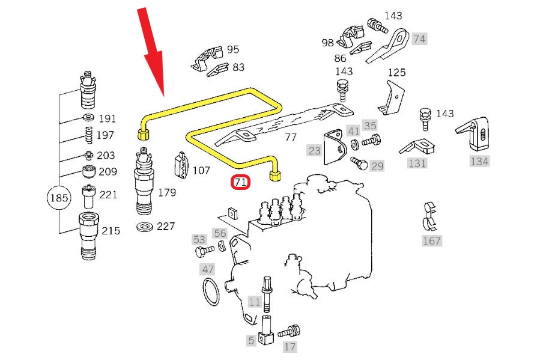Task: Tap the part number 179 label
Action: point(167,192)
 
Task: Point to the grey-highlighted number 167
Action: point(431,241)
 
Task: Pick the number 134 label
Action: point(479,161)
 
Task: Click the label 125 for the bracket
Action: point(396,73)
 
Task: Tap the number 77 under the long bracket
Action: point(291,137)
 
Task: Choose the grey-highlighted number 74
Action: point(419,38)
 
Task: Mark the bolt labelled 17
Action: point(288,331)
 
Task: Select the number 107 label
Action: point(201,171)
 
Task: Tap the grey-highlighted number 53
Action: point(199,239)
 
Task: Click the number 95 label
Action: point(232,49)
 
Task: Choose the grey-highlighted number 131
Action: point(417,163)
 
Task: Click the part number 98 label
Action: point(327,43)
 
